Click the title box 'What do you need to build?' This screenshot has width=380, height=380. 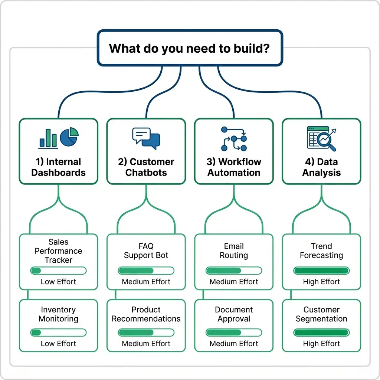190,48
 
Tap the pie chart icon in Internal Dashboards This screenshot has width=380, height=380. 69,137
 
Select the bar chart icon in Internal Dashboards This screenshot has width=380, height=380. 48,138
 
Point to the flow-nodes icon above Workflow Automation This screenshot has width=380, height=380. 234,139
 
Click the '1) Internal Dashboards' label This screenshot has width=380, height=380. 58,167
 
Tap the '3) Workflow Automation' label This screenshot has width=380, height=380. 234,167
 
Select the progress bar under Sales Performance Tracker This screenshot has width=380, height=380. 58,271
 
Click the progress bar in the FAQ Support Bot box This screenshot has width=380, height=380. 146,271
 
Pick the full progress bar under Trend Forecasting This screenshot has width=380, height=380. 321,271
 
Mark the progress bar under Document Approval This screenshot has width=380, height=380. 234,332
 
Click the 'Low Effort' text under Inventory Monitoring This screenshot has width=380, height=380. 58,344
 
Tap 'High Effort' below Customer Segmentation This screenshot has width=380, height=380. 321,344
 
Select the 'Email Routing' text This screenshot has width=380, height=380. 234,251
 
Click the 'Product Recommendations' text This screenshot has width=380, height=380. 146,314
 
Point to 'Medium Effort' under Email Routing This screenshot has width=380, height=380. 234,282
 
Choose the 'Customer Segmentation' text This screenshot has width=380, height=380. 321,314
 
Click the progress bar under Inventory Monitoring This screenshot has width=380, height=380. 58,332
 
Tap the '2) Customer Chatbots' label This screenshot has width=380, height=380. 146,167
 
